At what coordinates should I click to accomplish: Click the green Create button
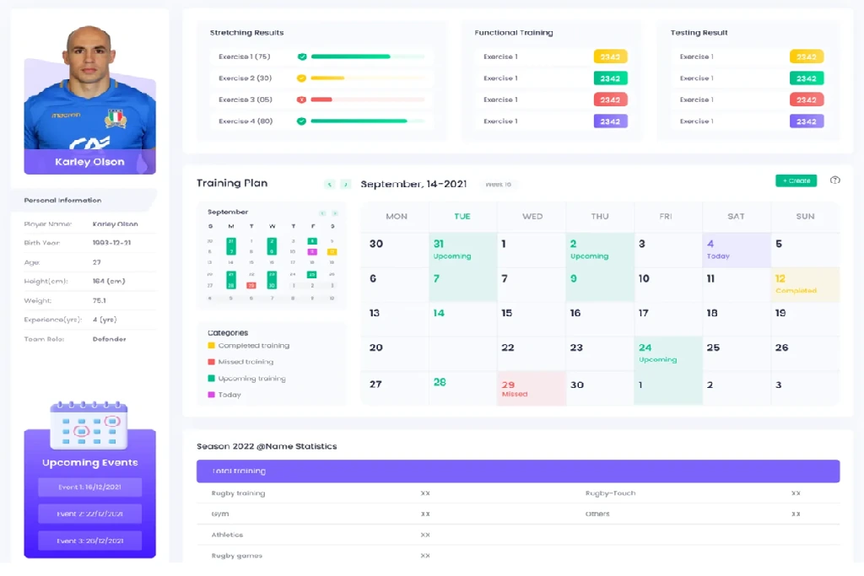796,180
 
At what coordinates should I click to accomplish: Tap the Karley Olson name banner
89,162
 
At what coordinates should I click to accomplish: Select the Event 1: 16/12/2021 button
89,487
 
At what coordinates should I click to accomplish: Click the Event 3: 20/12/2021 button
89,541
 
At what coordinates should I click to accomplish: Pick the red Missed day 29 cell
531,388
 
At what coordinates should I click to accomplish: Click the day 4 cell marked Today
736,250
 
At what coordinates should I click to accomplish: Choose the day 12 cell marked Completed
805,284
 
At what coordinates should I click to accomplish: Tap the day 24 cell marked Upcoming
667,353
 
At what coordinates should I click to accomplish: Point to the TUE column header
462,217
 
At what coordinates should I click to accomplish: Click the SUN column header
805,217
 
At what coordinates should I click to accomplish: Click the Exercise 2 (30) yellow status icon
301,78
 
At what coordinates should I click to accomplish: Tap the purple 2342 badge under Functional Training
610,121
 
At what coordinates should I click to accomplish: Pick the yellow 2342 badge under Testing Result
806,57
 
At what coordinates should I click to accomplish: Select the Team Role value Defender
109,339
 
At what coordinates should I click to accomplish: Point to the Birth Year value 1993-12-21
111,243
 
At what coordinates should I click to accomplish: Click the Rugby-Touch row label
610,493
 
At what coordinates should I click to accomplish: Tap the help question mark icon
835,180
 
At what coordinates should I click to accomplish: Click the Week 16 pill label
499,184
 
